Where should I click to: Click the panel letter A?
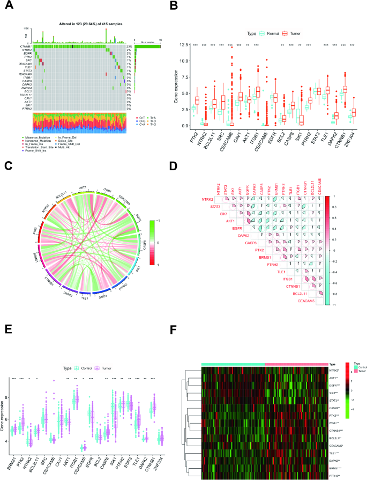point(8,7)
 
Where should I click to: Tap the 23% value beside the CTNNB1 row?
point(129,47)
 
